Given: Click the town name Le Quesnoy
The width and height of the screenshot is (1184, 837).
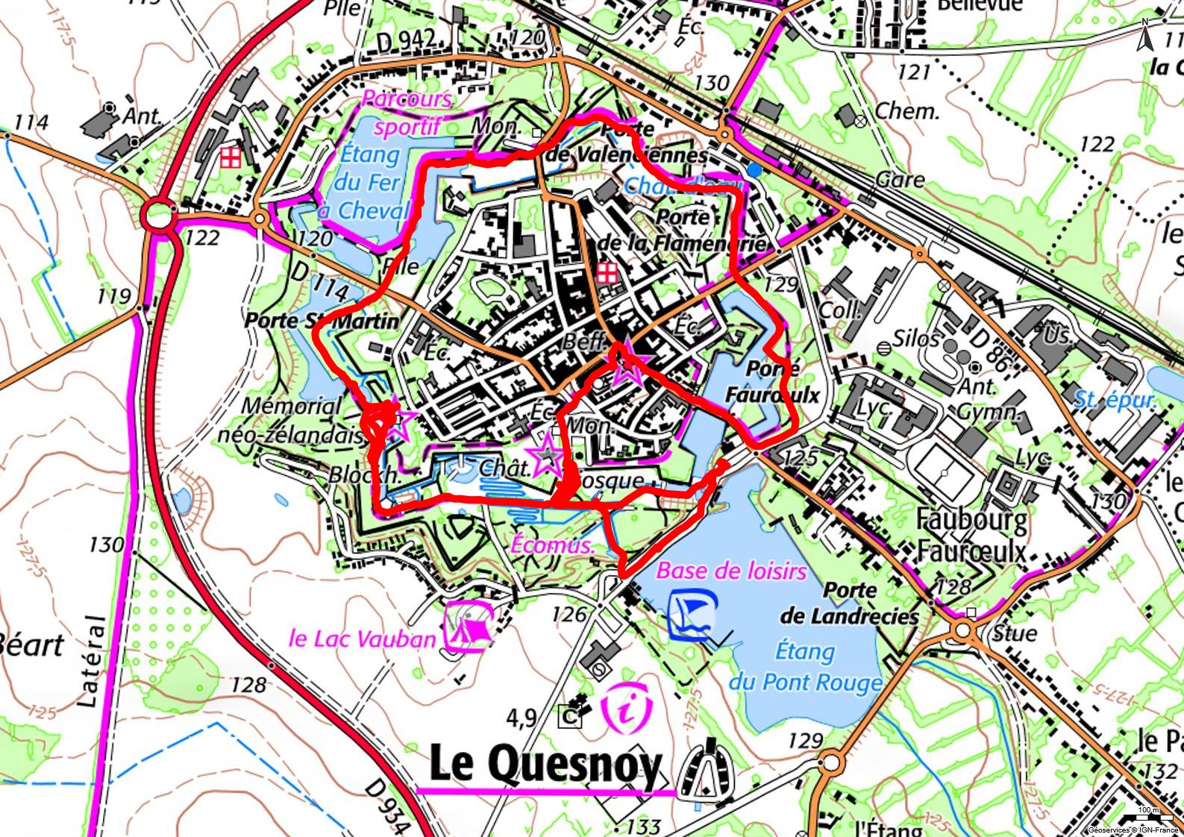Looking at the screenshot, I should click(545, 765).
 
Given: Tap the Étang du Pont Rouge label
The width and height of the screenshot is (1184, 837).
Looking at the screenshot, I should click(805, 667).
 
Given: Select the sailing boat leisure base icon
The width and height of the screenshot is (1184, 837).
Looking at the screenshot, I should click(692, 614).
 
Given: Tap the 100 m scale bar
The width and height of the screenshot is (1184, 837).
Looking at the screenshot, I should click(1148, 816).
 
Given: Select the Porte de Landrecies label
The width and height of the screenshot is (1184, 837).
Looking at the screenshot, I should click(850, 604).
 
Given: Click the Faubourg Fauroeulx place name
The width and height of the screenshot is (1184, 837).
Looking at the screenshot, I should click(971, 535).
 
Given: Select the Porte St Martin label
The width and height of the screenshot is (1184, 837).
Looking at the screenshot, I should click(322, 322).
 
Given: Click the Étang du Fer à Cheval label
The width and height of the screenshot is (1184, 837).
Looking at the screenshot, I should click(367, 183).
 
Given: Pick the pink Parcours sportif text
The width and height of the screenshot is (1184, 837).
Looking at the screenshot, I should click(407, 113).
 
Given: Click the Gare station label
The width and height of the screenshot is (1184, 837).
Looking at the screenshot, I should click(900, 180).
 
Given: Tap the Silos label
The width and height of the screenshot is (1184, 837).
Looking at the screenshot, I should click(915, 338).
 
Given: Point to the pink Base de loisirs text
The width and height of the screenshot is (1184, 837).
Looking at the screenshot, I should click(731, 571).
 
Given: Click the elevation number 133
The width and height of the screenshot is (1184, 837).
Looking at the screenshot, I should click(644, 826).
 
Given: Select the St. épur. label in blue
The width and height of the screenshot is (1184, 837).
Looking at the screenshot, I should click(1115, 400).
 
